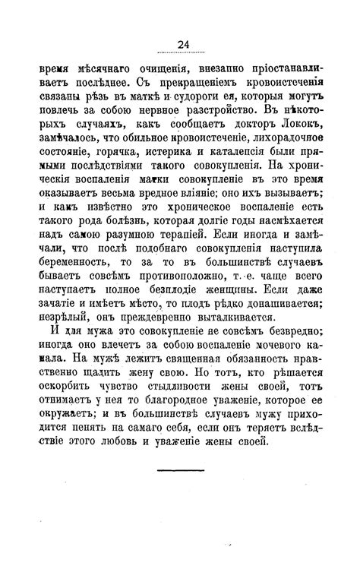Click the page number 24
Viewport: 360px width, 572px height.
(x=181, y=43)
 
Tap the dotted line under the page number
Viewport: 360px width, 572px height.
(x=181, y=53)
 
